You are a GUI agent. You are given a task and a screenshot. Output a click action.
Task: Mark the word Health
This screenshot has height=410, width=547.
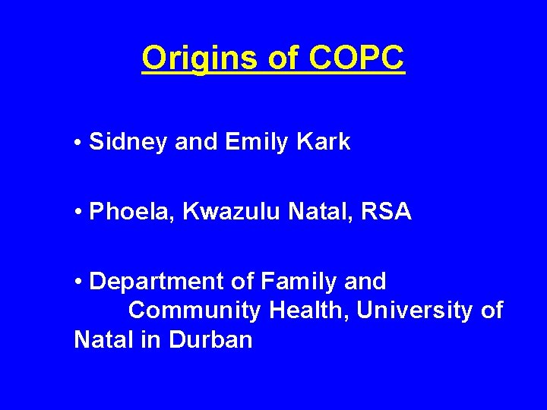310,311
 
